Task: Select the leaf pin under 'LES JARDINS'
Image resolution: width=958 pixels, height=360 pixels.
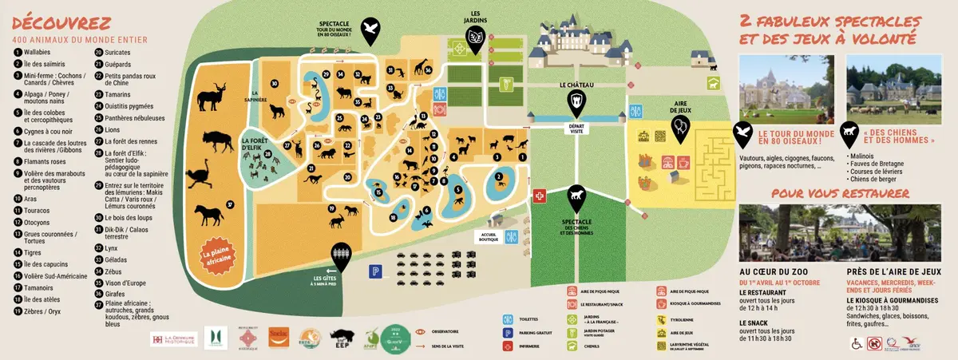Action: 475,38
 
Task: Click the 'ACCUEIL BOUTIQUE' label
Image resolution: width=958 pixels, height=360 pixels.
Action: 488,235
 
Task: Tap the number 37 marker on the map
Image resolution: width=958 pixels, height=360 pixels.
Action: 229,204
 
